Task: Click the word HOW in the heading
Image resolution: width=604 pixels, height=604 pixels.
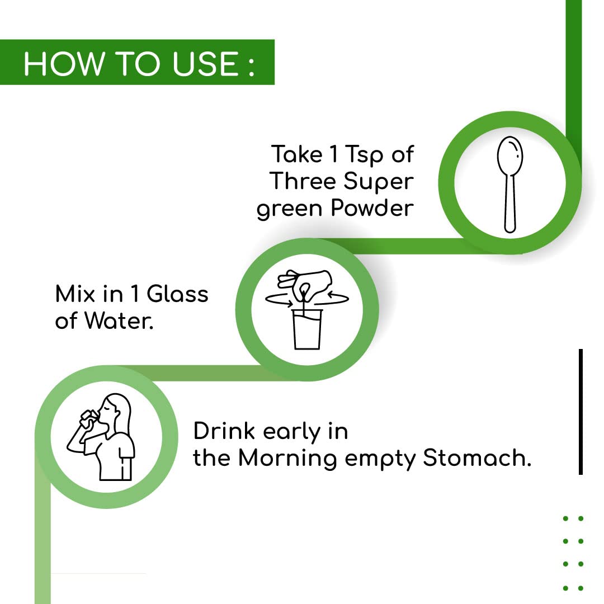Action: pyautogui.click(x=64, y=63)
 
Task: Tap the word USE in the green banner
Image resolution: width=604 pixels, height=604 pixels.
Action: pyautogui.click(x=206, y=63)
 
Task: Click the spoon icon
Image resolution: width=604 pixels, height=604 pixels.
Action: pyautogui.click(x=510, y=185)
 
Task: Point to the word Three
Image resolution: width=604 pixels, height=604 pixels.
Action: pyautogui.click(x=303, y=181)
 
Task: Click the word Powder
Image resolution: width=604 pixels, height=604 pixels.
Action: pyautogui.click(x=372, y=208)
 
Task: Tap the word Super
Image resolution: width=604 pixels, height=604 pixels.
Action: pyautogui.click(x=378, y=182)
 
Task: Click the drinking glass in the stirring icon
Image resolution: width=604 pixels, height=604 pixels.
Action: pyautogui.click(x=307, y=329)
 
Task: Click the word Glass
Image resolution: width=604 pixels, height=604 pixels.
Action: pyautogui.click(x=178, y=294)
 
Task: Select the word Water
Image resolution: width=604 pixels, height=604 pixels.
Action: pyautogui.click(x=119, y=320)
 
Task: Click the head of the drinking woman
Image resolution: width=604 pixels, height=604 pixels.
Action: pyautogui.click(x=115, y=412)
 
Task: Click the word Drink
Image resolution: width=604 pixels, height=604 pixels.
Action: pyautogui.click(x=224, y=431)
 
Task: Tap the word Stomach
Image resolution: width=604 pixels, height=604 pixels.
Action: pyautogui.click(x=477, y=457)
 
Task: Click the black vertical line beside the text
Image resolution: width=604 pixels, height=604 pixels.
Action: pyautogui.click(x=581, y=412)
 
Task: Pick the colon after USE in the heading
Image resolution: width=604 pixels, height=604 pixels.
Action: pyautogui.click(x=251, y=65)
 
